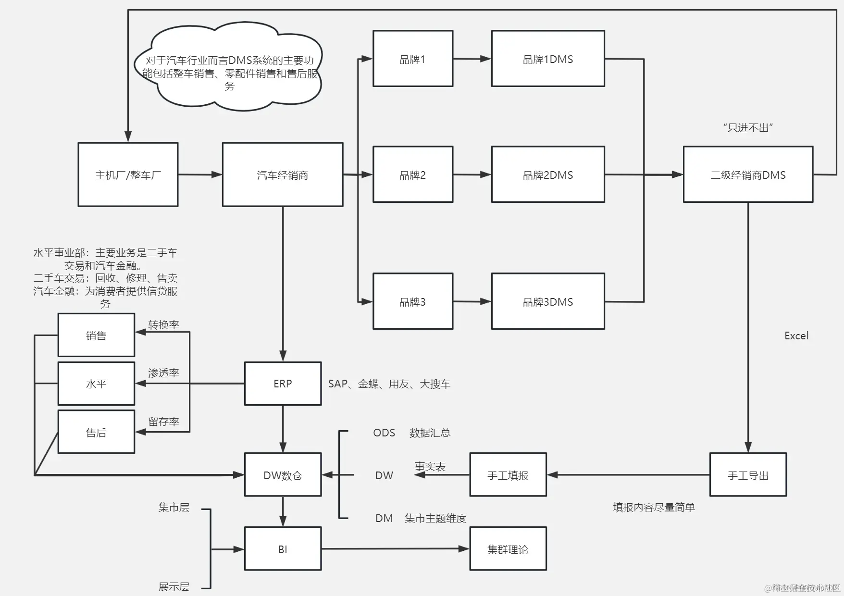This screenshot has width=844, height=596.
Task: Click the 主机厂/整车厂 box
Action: tap(128, 174)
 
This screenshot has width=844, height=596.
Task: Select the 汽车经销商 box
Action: tap(283, 174)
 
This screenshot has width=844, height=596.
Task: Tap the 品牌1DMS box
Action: tap(547, 59)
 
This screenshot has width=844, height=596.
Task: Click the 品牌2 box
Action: tap(413, 174)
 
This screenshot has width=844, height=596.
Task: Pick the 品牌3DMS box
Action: tap(547, 301)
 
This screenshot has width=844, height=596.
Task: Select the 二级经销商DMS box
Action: tap(748, 174)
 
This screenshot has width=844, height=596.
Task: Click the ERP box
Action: tap(283, 384)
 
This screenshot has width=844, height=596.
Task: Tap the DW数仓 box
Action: tap(283, 475)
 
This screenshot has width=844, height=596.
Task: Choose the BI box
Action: tap(283, 549)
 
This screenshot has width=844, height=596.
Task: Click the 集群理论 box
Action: tap(508, 549)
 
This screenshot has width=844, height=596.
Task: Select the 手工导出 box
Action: tap(748, 475)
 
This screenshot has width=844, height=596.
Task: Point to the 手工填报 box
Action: tap(508, 475)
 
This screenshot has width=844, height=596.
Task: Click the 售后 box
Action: tap(96, 432)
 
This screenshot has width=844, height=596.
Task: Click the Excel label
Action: tap(796, 336)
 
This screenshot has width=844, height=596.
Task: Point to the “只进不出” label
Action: tap(748, 128)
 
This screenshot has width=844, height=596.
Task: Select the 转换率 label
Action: tap(163, 325)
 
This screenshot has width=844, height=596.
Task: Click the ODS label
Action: tap(384, 433)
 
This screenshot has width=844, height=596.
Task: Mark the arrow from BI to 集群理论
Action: tap(394, 549)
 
